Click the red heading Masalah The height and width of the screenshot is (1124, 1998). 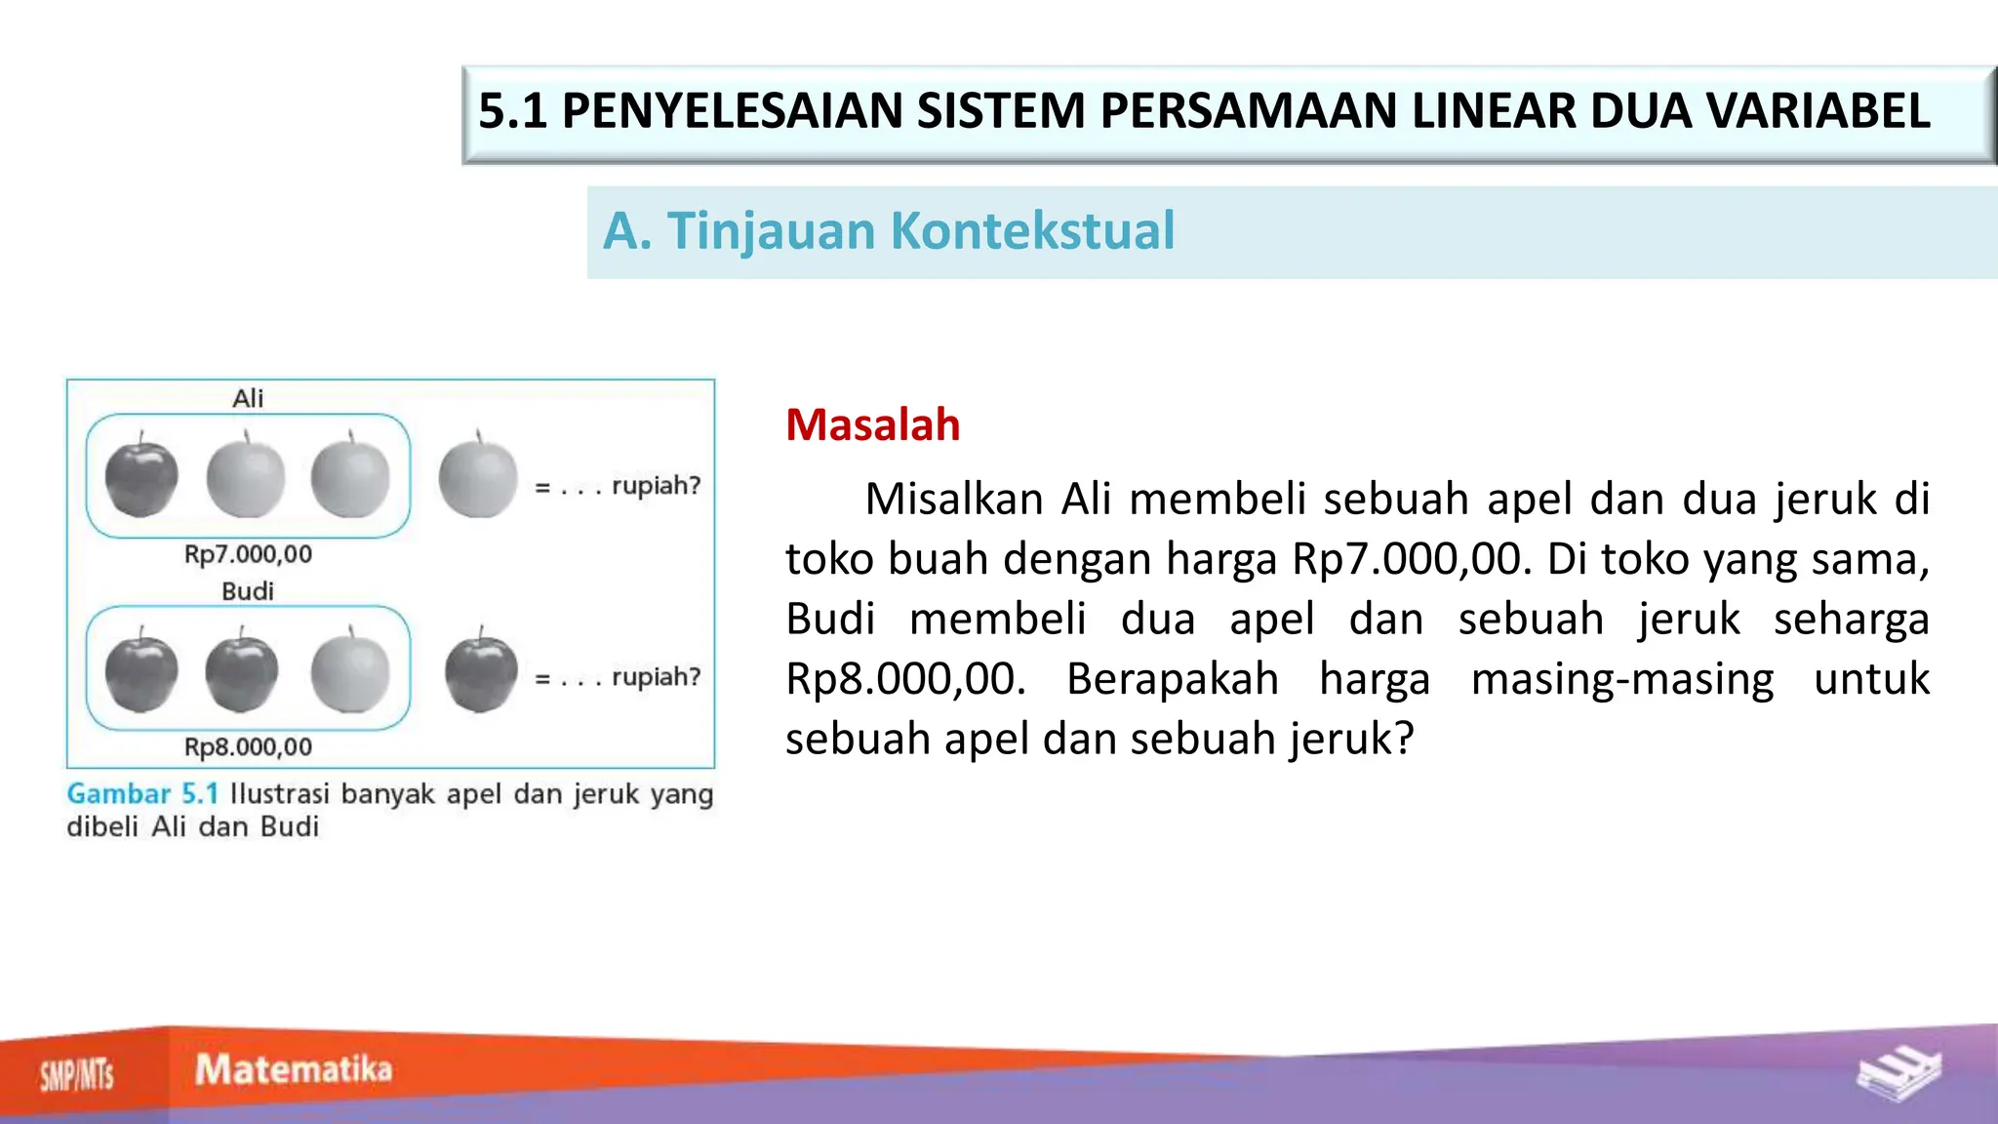tap(872, 425)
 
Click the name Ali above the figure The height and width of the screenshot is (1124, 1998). tap(248, 398)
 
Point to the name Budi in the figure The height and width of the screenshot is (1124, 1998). tap(248, 591)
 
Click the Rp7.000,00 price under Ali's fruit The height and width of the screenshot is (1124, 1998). tap(248, 554)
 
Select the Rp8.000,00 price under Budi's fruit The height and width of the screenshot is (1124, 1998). tap(248, 747)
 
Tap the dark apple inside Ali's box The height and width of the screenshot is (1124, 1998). tap(141, 477)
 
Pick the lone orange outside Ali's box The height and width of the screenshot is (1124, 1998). tap(477, 477)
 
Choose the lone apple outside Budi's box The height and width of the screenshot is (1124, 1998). tap(481, 672)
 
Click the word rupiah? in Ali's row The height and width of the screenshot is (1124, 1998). tap(656, 485)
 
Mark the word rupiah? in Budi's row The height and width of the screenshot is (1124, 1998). tap(656, 677)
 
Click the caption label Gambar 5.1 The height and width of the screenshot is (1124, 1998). tap(142, 794)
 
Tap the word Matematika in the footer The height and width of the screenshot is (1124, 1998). tap(294, 1069)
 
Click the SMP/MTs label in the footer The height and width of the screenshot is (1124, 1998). tap(77, 1075)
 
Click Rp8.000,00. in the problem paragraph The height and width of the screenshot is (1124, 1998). tap(906, 679)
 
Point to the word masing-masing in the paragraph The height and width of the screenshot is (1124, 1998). tap(1621, 679)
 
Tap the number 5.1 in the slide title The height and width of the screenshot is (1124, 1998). tap(512, 110)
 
